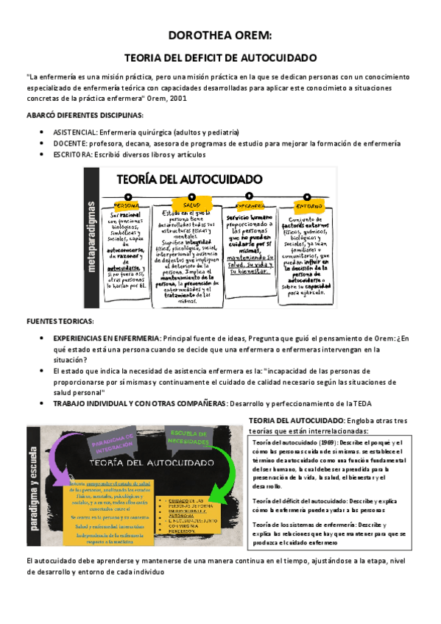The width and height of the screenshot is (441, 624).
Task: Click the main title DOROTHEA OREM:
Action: click(x=220, y=35)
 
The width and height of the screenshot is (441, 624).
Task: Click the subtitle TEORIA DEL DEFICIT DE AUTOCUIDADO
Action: click(x=220, y=57)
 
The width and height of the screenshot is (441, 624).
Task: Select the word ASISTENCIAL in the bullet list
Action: click(x=78, y=132)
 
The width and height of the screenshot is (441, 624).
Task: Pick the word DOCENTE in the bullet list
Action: click(x=71, y=143)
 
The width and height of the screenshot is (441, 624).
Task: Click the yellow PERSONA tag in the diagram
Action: click(x=127, y=205)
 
